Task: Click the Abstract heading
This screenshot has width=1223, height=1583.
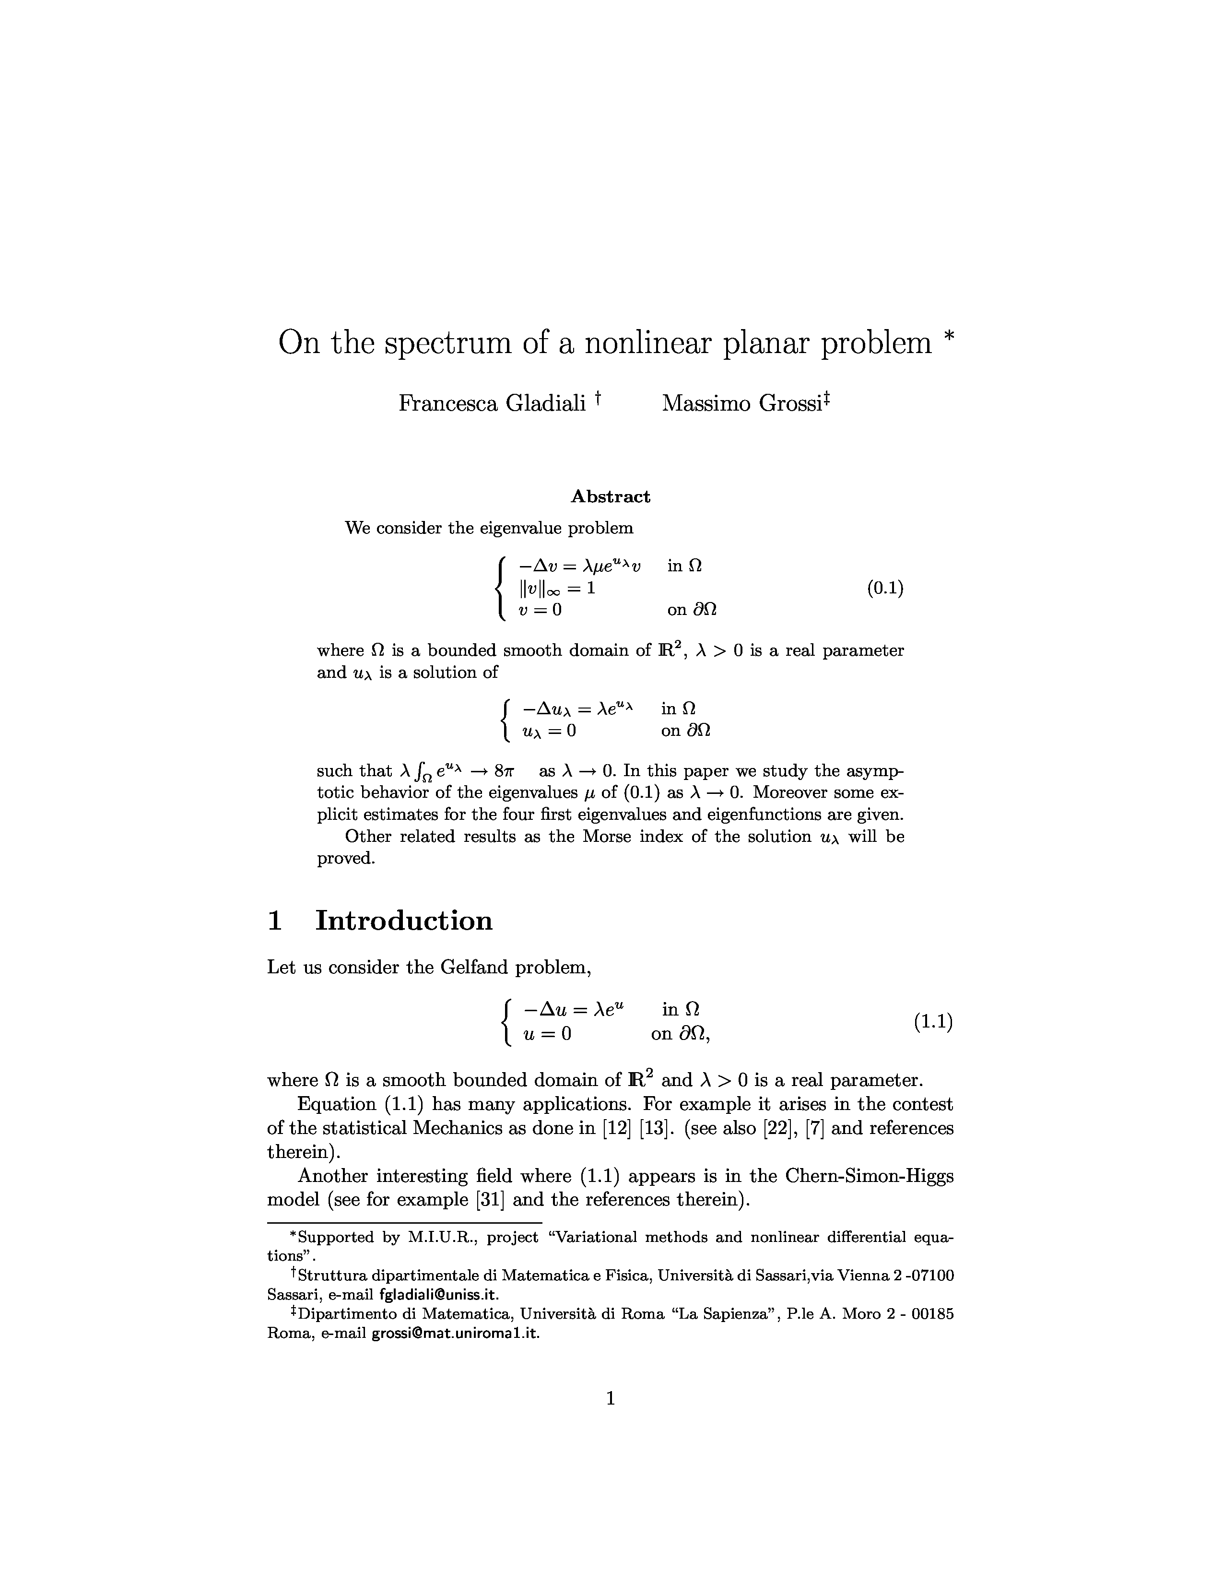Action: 610,496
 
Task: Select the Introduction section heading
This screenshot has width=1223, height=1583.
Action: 403,921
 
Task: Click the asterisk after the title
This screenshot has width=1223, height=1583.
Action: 950,337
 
